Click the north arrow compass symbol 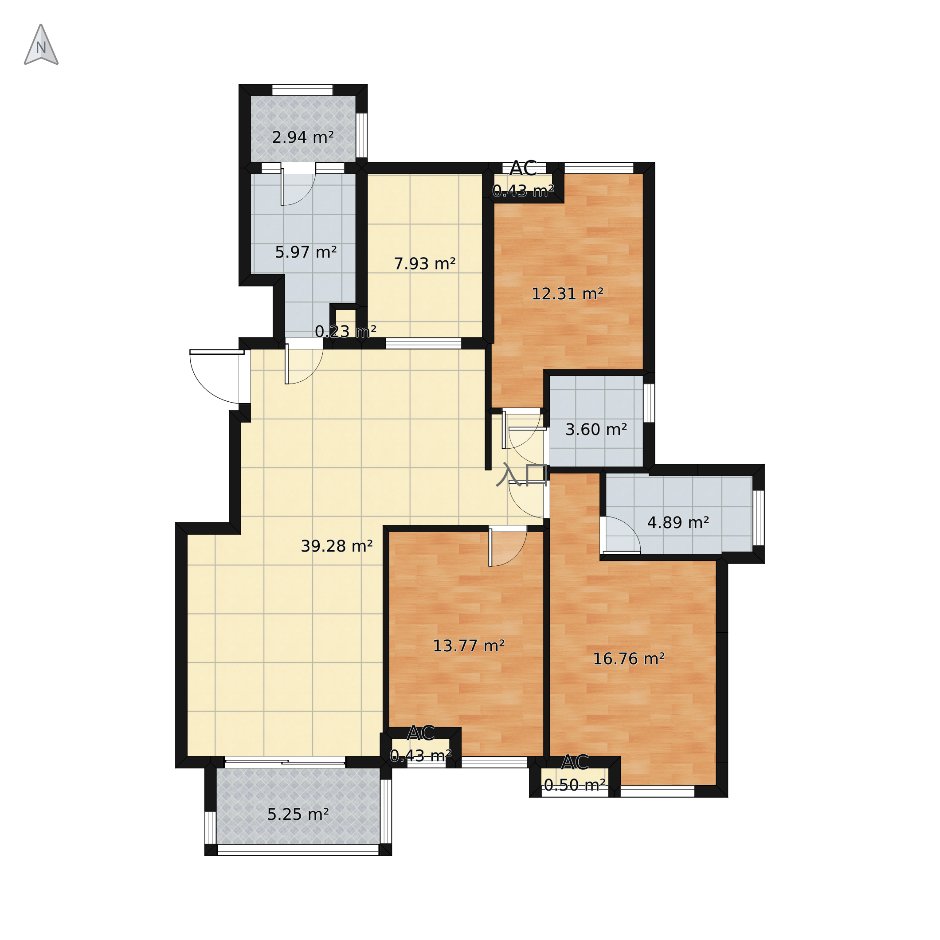coord(41,45)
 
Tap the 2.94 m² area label coord(303,138)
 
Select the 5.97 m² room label coord(305,253)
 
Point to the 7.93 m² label coord(424,264)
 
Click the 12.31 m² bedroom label coord(567,294)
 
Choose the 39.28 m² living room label coord(337,546)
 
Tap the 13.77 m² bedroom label coord(469,646)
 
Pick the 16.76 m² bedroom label coord(629,659)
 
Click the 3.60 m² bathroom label coord(596,430)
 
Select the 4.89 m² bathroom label coord(678,523)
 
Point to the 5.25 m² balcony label coord(298,815)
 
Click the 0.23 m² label coord(345,331)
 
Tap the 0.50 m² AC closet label coord(575,785)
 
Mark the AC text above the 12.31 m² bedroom coord(523,169)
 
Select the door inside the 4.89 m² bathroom coord(621,535)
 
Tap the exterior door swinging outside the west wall coord(217,376)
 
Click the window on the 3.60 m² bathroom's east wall coord(649,403)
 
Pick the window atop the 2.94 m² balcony coord(302,90)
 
